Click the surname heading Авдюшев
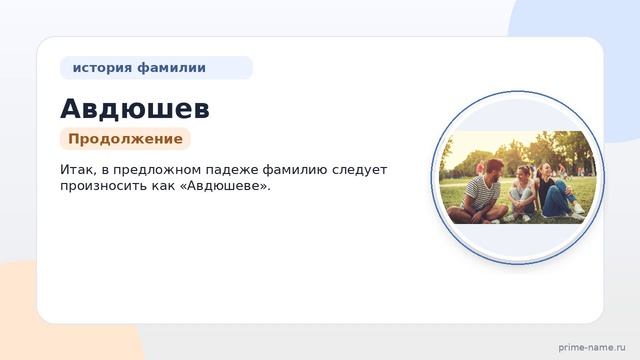pyautogui.click(x=134, y=108)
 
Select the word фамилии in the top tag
pyautogui.click(x=171, y=68)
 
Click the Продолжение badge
pyautogui.click(x=125, y=139)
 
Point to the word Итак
pyautogui.click(x=76, y=170)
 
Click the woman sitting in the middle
pyautogui.click(x=522, y=193)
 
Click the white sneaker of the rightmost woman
pyautogui.click(x=578, y=209)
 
